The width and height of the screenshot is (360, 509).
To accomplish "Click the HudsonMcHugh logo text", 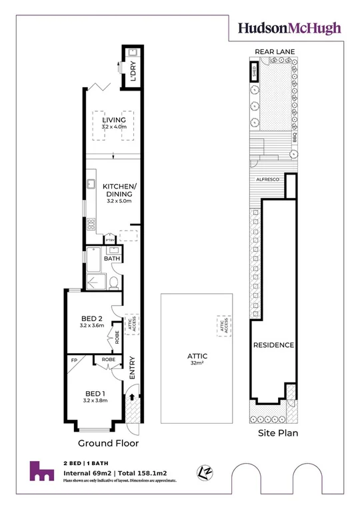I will [290, 28].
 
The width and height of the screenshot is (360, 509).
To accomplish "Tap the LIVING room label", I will [113, 120].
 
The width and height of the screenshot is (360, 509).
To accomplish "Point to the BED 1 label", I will [95, 393].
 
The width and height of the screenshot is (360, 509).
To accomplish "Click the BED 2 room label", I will [91, 318].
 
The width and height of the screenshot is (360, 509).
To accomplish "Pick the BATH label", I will [112, 258].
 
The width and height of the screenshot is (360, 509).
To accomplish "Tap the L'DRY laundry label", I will [133, 71].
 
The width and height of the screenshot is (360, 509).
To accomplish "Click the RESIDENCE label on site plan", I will [273, 345].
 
